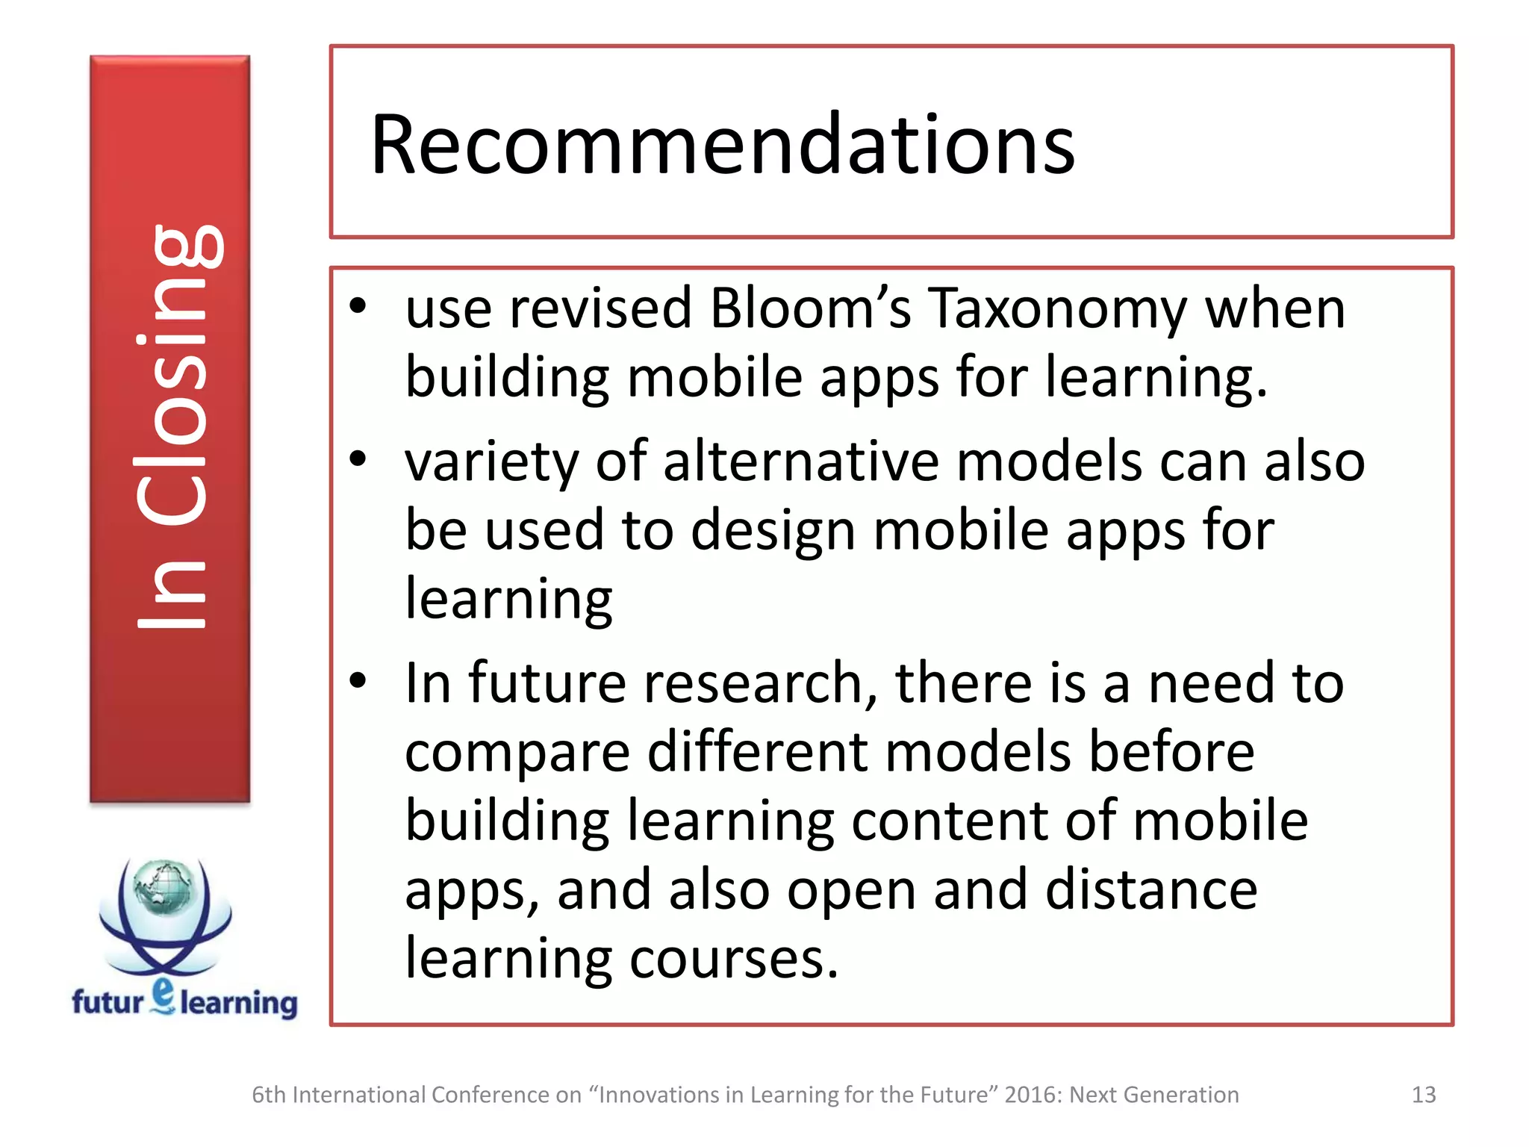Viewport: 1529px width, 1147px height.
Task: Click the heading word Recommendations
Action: (722, 145)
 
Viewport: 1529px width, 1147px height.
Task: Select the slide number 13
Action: (1423, 1095)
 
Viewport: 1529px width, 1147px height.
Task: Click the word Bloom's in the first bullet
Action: (809, 308)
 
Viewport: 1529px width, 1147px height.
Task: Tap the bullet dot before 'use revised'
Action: (358, 306)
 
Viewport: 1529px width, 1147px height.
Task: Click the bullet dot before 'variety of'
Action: (358, 459)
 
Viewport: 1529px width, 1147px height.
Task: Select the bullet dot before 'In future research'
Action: (358, 680)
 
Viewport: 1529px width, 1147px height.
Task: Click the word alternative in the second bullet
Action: (800, 461)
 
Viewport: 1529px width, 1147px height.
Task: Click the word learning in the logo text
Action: (239, 1004)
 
